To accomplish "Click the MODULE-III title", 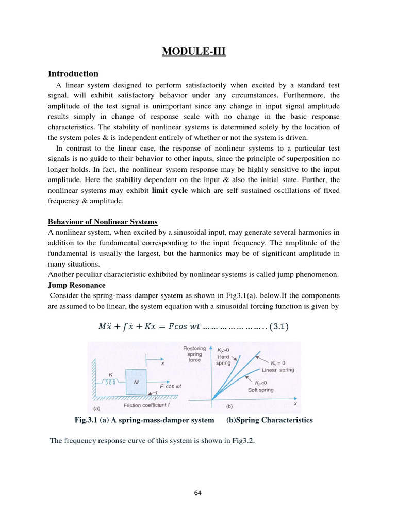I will point(194,51).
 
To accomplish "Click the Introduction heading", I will point(73,74).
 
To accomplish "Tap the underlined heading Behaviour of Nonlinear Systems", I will point(103,222).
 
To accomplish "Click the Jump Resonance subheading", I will point(76,285).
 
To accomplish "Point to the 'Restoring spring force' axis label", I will point(195,354).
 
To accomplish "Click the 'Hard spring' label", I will point(223,359).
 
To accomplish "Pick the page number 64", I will point(198,493).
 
